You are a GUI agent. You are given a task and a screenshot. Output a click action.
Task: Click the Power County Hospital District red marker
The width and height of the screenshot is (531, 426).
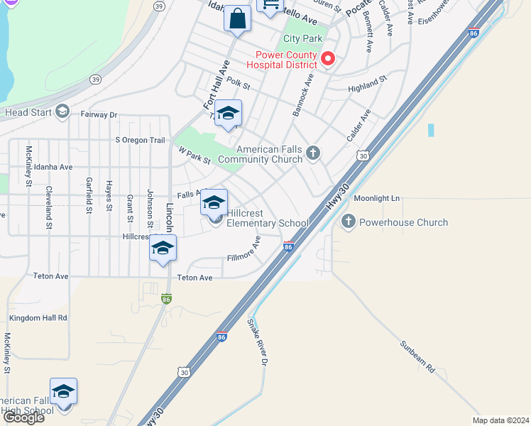click(328, 59)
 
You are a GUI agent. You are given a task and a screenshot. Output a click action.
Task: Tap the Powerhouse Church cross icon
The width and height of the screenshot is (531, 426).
click(348, 222)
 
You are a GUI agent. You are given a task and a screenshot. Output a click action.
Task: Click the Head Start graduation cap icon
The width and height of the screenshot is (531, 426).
click(62, 111)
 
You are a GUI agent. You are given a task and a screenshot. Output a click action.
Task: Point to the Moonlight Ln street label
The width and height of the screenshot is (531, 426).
click(377, 198)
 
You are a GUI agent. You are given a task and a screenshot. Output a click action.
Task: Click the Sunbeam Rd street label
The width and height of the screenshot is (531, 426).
click(417, 357)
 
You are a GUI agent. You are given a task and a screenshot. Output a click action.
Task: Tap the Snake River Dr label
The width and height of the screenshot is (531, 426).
click(259, 342)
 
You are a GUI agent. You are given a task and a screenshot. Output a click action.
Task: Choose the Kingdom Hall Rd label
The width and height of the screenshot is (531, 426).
click(38, 317)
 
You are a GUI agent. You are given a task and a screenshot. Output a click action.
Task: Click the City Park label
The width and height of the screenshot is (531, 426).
click(303, 38)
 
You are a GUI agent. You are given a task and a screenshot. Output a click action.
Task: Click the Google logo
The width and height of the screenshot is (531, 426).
click(23, 417)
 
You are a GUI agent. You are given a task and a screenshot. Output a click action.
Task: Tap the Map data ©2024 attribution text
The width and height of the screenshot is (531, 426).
click(500, 420)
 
